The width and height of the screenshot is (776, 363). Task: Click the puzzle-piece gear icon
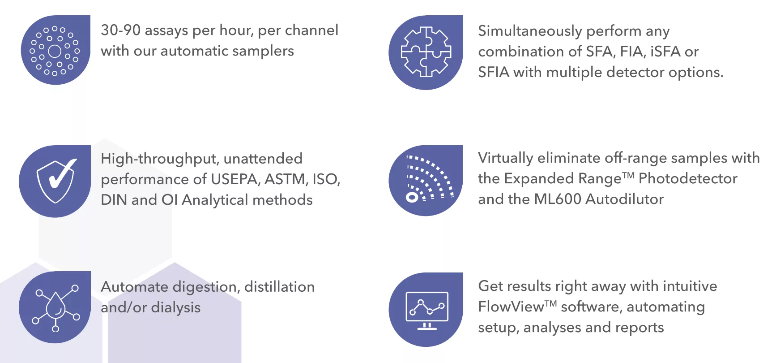click(x=426, y=52)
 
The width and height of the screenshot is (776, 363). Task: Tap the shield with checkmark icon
click(x=56, y=181)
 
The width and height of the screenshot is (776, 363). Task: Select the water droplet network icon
click(x=56, y=307)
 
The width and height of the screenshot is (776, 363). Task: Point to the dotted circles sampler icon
click(x=55, y=51)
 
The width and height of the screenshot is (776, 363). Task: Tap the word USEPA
click(x=235, y=179)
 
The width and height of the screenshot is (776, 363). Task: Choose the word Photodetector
click(x=688, y=178)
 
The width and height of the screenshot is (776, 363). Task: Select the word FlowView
click(x=511, y=307)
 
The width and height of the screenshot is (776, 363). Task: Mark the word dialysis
click(x=176, y=308)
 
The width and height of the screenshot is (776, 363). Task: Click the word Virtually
click(x=506, y=158)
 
